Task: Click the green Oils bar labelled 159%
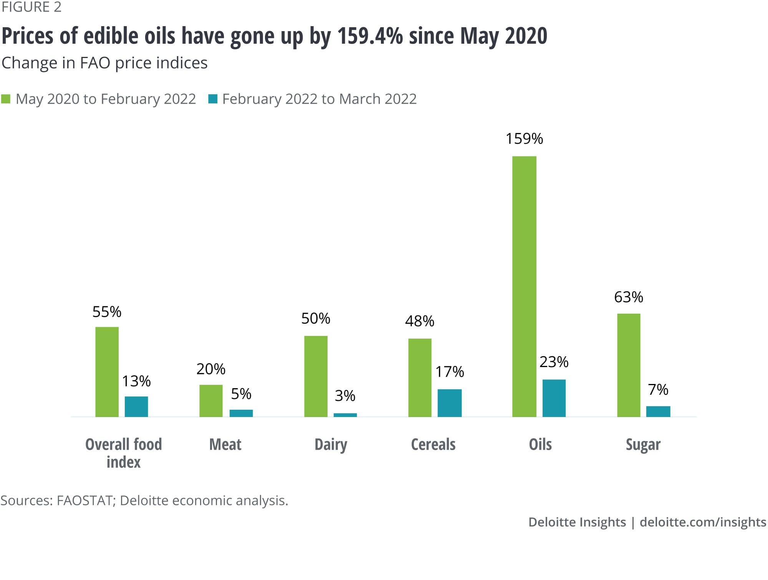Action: click(x=524, y=286)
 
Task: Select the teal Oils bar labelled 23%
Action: click(x=554, y=398)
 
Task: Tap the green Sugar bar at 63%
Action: click(x=629, y=365)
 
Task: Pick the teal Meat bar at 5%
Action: click(x=241, y=413)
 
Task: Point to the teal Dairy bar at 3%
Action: click(x=345, y=415)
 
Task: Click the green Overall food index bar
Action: click(x=107, y=372)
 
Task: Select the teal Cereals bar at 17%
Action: click(x=449, y=403)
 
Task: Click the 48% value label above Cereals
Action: click(x=419, y=321)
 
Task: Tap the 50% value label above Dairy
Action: click(x=315, y=318)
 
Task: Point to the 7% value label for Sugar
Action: click(x=658, y=390)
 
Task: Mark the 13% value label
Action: click(x=136, y=381)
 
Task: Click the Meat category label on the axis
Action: click(x=225, y=445)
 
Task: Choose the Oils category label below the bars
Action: click(x=540, y=445)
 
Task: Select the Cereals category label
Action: click(x=433, y=445)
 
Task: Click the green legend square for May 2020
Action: click(x=6, y=99)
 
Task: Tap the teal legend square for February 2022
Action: click(x=213, y=99)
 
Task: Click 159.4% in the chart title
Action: click(x=370, y=36)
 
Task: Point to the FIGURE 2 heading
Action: click(x=31, y=7)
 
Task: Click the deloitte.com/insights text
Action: click(x=703, y=522)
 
